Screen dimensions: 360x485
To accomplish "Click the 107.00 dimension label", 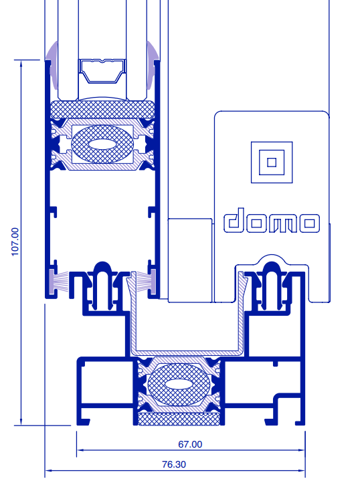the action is click(15, 242).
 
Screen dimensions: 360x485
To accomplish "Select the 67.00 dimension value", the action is click(190, 444).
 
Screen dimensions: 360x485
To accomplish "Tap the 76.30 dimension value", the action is click(174, 464).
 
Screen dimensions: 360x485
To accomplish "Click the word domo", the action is click(272, 221).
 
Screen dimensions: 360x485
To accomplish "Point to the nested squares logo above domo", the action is click(272, 163).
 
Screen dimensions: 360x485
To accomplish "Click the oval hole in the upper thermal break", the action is click(102, 144).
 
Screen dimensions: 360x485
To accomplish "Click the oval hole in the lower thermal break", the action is click(179, 385).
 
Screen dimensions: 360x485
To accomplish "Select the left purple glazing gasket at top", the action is click(53, 65).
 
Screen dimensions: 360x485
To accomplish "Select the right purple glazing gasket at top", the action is click(152, 65).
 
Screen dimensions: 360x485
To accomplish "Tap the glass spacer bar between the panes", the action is click(102, 71).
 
